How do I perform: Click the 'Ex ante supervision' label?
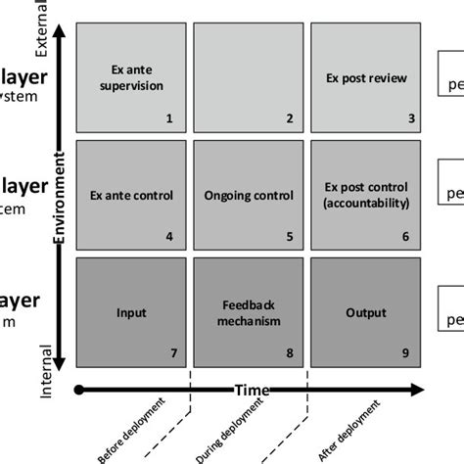pos(132,77)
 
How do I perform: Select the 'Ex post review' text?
pos(364,77)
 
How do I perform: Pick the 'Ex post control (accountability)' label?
pos(365,195)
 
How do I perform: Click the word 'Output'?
pos(365,313)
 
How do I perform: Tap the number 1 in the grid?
pos(169,119)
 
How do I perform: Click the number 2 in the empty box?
pos(289,119)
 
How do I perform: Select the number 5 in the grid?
pos(289,236)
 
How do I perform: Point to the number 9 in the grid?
pos(406,353)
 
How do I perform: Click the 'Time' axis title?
pos(252,390)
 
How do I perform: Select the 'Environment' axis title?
pos(60,196)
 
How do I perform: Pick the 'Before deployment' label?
pos(132,431)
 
